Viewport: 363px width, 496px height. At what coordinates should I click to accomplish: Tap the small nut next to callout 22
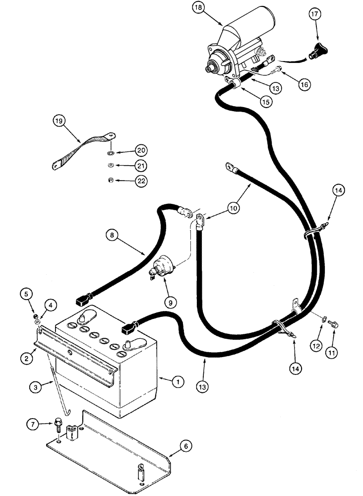click(110, 180)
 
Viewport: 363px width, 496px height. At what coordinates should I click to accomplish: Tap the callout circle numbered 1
click(177, 382)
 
